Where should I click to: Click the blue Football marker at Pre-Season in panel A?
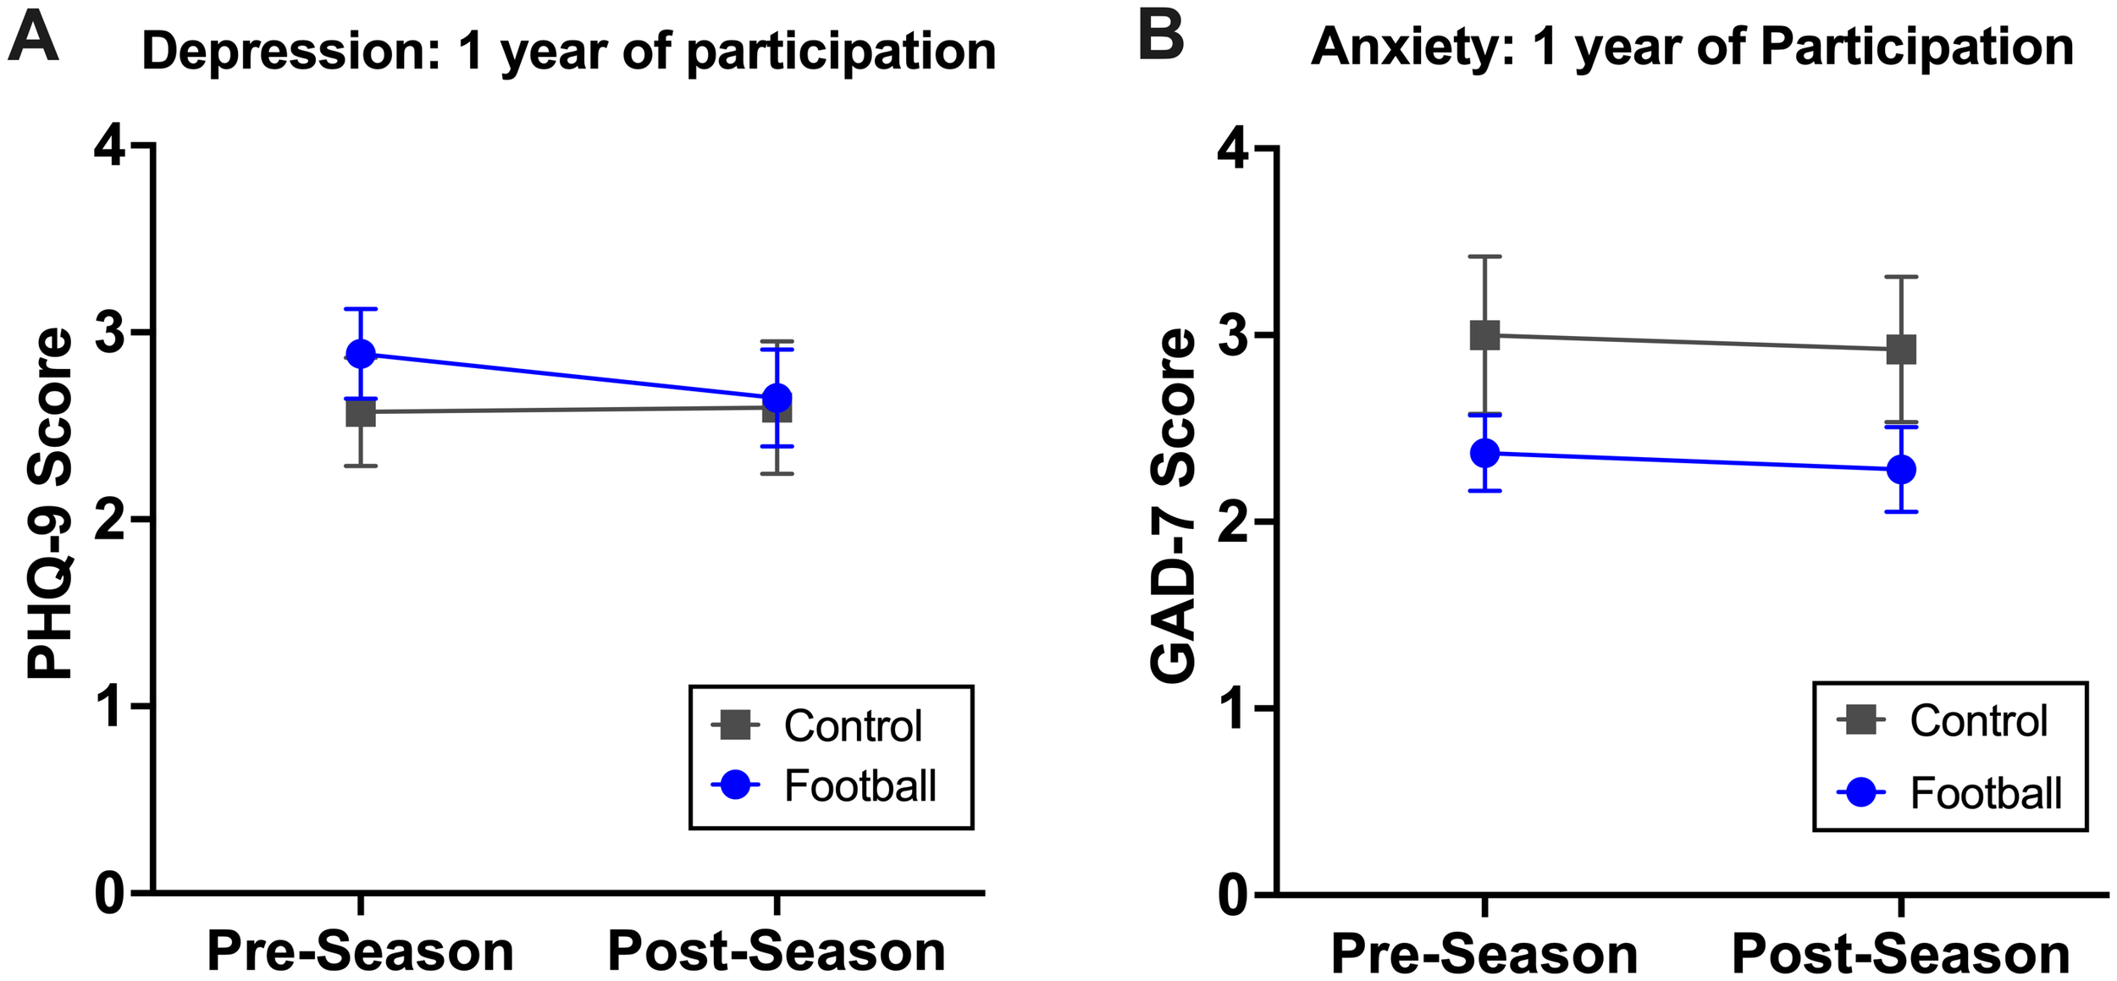pyautogui.click(x=361, y=354)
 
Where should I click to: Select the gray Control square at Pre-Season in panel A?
pyautogui.click(x=361, y=412)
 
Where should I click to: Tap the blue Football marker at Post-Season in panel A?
pyautogui.click(x=777, y=398)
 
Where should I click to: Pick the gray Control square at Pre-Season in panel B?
pyautogui.click(x=1484, y=335)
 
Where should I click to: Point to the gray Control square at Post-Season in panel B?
pyautogui.click(x=1901, y=349)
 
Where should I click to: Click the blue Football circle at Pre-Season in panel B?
pyautogui.click(x=1484, y=453)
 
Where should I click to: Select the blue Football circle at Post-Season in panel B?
pyautogui.click(x=1901, y=469)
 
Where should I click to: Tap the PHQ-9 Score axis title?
pyautogui.click(x=49, y=504)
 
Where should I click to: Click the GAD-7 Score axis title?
pyautogui.click(x=1174, y=505)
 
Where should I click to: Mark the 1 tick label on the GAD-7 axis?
pyautogui.click(x=1234, y=708)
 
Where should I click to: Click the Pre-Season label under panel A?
pyautogui.click(x=361, y=951)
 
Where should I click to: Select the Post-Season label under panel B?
pyautogui.click(x=1901, y=953)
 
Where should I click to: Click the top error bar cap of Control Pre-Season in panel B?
pyautogui.click(x=1484, y=256)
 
